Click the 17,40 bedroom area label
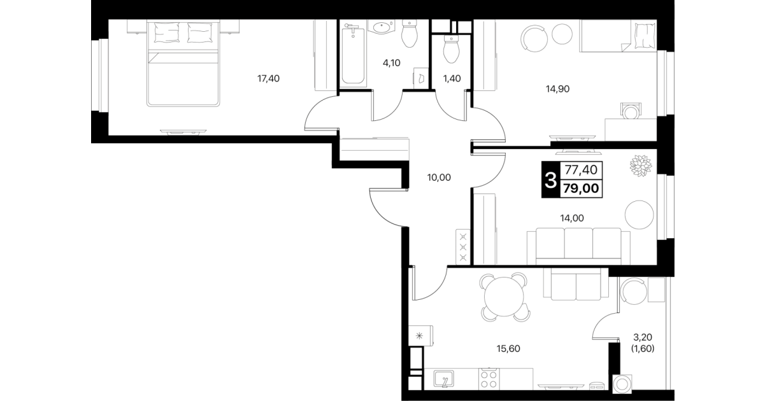click(x=268, y=79)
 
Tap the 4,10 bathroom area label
click(x=391, y=63)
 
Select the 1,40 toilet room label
click(x=452, y=79)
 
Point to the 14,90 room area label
click(x=558, y=89)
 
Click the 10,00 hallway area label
click(x=439, y=178)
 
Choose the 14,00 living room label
click(x=572, y=218)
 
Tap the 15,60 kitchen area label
click(x=508, y=348)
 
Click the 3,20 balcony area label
click(x=643, y=337)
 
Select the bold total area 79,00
click(x=581, y=188)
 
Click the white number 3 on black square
click(x=550, y=180)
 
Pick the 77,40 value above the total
click(x=581, y=169)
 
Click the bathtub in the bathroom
click(x=353, y=55)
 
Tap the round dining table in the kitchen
click(x=504, y=297)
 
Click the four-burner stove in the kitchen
click(x=489, y=379)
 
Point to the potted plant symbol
click(x=641, y=165)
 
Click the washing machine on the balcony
click(x=622, y=384)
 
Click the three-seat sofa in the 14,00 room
click(x=578, y=246)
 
